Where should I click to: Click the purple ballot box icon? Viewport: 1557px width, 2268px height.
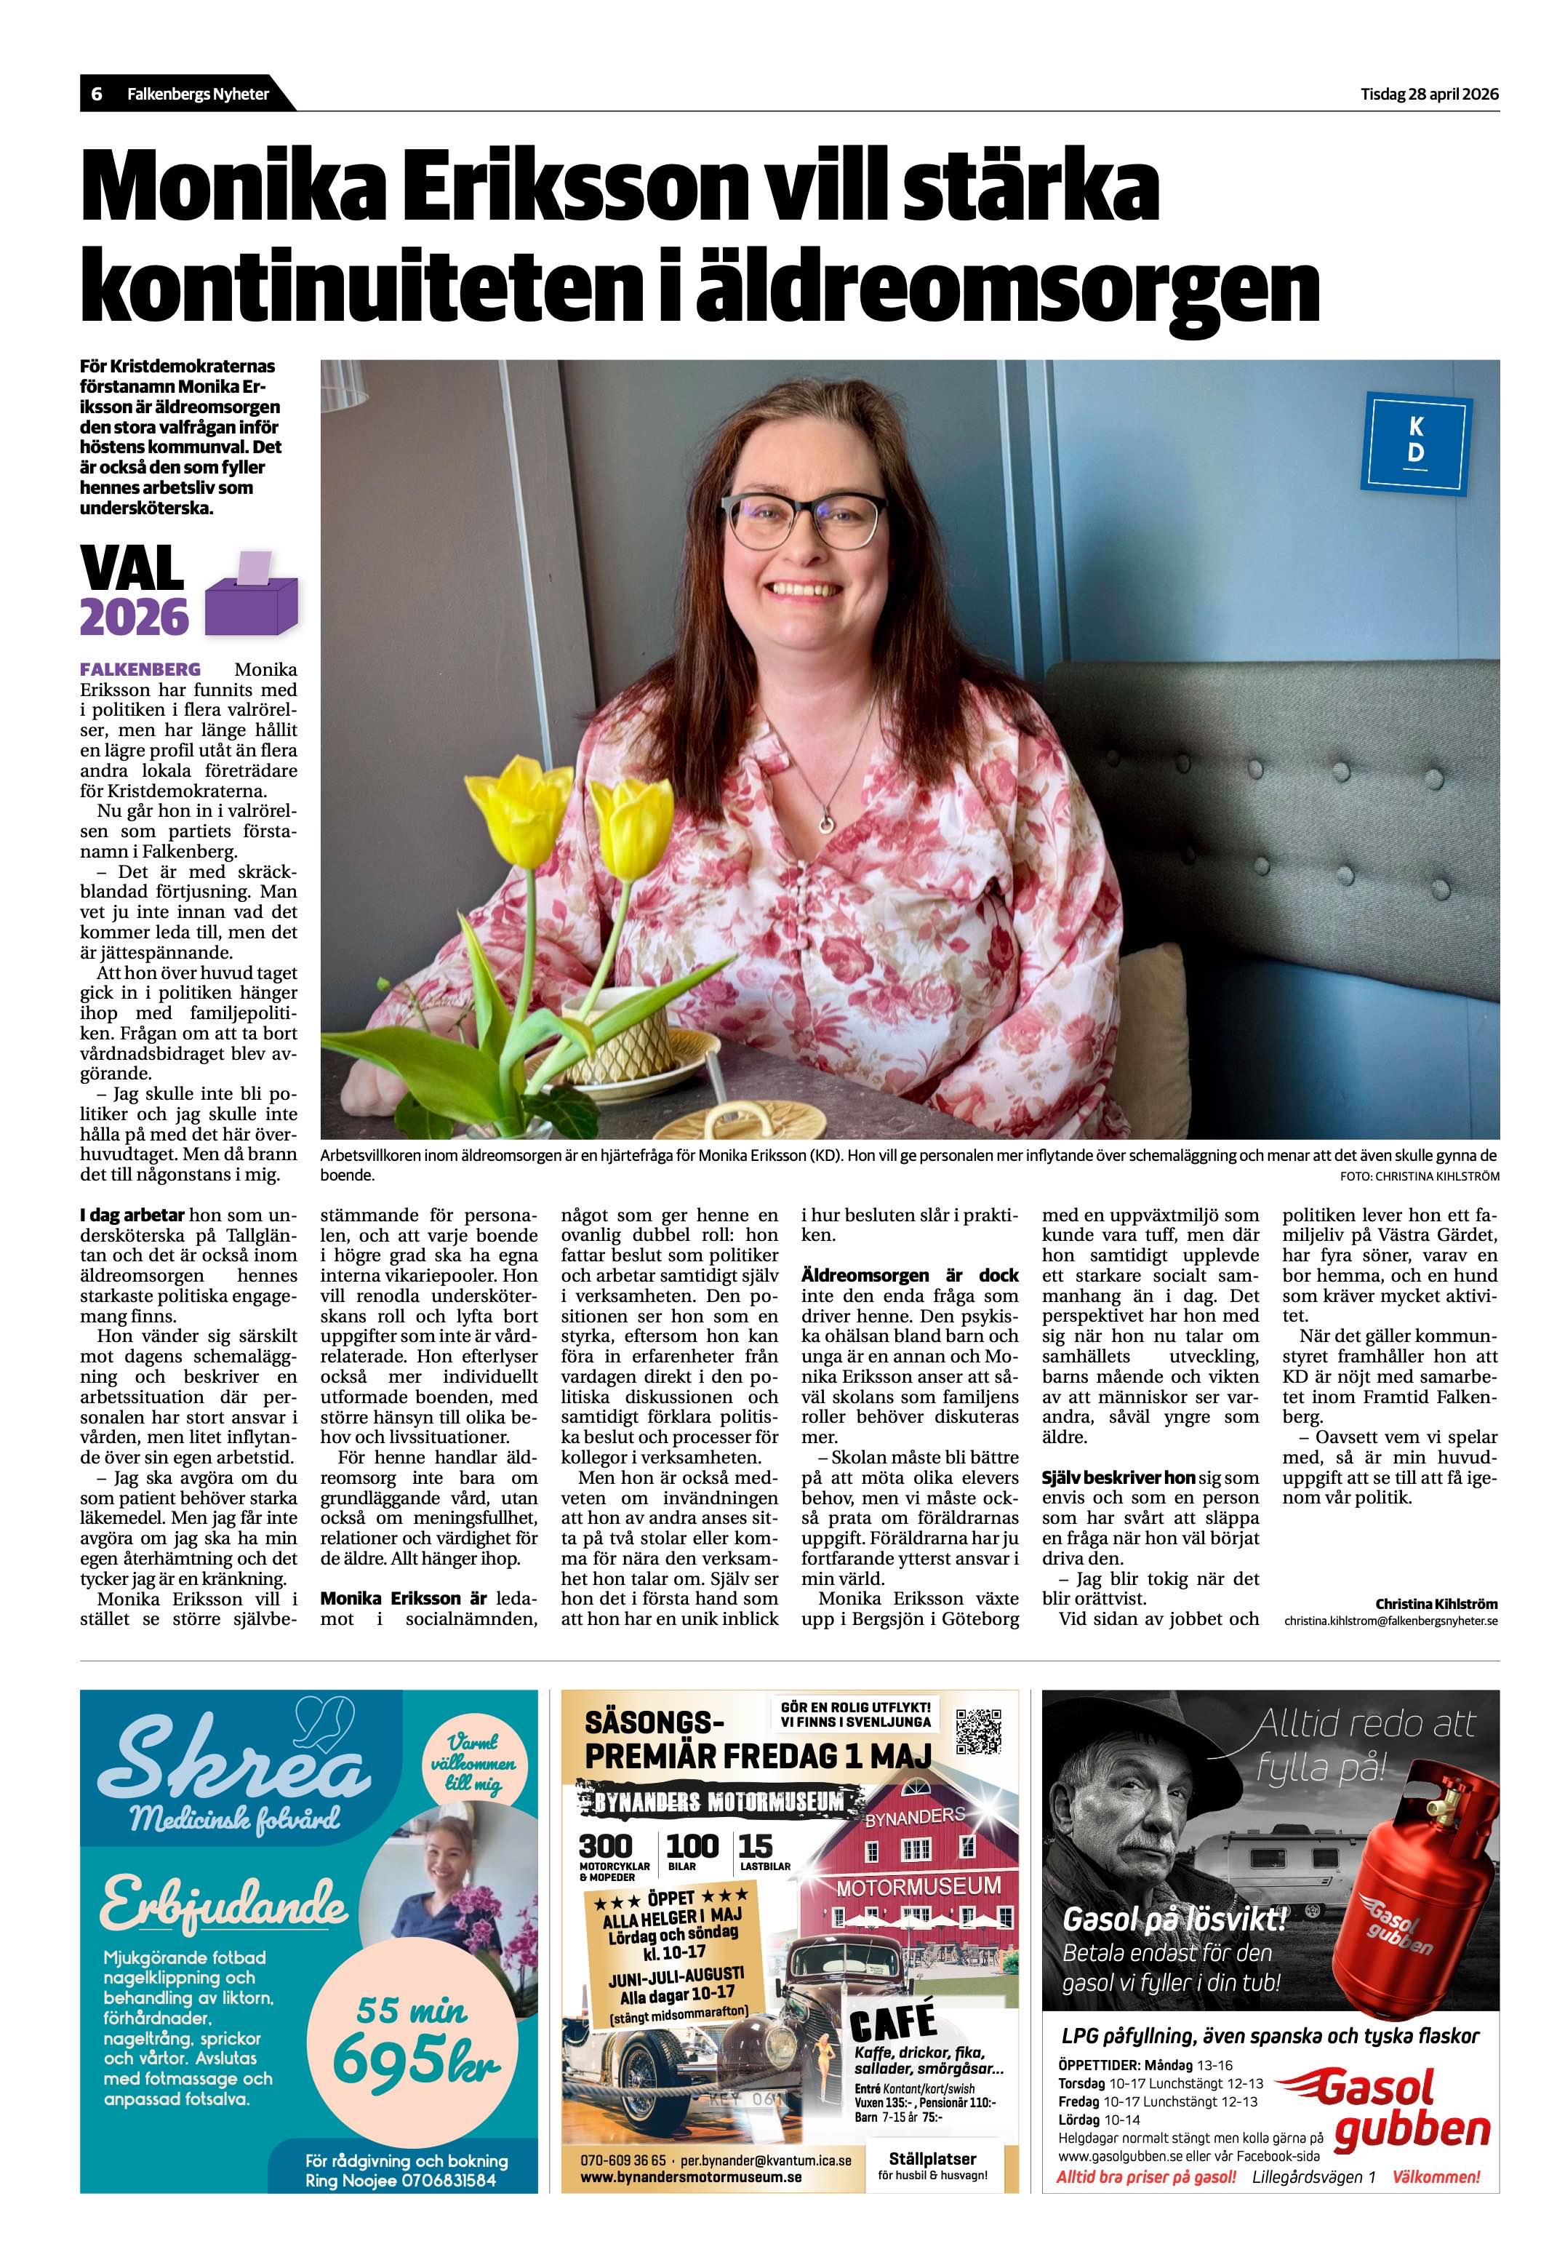251,594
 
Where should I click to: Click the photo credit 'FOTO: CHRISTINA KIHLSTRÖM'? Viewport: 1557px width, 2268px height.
1420,1177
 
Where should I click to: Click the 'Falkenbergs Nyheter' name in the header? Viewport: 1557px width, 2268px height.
198,95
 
